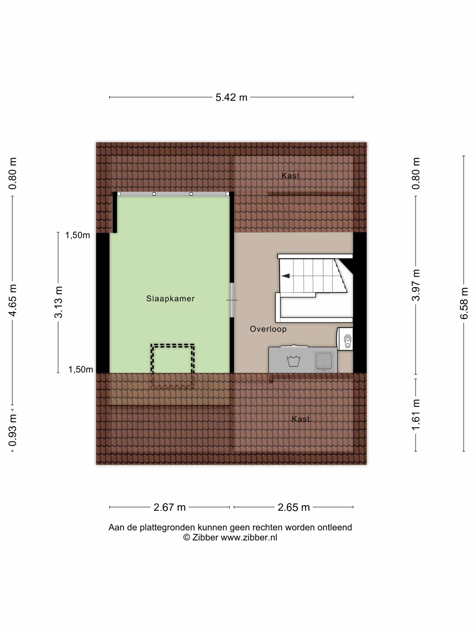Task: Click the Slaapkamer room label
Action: (x=170, y=299)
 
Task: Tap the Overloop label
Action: (x=268, y=329)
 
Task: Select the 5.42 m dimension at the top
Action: (x=231, y=97)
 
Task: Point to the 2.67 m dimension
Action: (x=170, y=507)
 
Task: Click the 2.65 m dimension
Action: (x=294, y=507)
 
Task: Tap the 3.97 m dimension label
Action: (x=416, y=285)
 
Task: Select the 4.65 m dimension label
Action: (x=12, y=301)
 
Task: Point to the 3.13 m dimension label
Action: (x=58, y=302)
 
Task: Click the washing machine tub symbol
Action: (x=293, y=361)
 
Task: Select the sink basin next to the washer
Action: (x=324, y=361)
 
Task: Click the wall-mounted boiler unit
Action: (x=345, y=339)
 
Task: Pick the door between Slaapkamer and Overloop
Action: (x=232, y=300)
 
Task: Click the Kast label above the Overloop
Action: (x=290, y=176)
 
